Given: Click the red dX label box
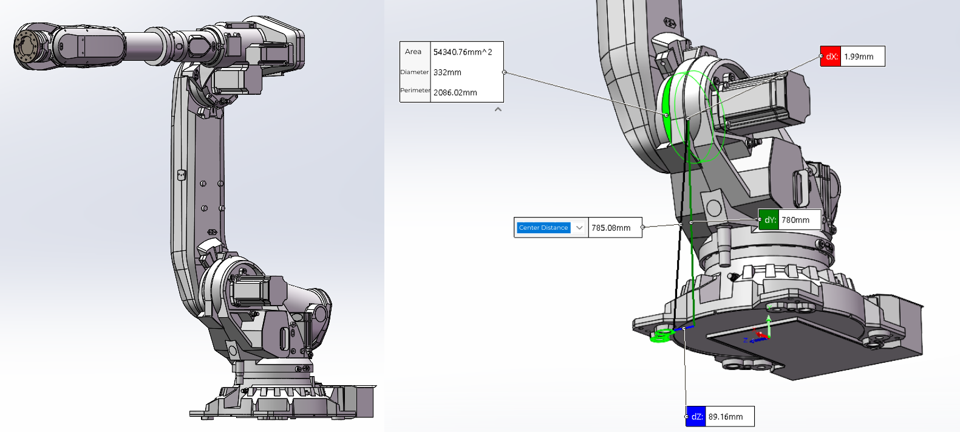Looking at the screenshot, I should click(831, 57).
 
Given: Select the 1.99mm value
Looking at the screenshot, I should click(859, 57).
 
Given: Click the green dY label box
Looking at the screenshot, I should click(769, 220).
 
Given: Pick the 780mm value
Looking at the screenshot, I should click(795, 220).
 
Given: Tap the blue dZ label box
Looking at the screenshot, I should click(696, 417).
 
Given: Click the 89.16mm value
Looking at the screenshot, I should click(726, 417).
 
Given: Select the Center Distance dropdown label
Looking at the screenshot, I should click(543, 228).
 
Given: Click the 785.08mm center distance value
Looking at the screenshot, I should click(611, 228).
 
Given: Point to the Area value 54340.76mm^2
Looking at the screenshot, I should click(463, 52).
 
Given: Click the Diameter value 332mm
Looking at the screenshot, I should click(448, 72).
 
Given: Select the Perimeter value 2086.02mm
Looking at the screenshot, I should click(455, 92).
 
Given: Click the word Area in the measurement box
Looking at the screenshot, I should click(413, 52).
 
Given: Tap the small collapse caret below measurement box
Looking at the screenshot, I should click(498, 109).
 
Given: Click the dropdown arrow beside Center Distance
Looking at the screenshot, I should click(579, 228).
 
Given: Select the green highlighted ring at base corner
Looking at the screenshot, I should click(662, 335).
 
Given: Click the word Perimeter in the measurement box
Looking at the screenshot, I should click(415, 90).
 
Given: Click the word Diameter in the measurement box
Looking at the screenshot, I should click(415, 72).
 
